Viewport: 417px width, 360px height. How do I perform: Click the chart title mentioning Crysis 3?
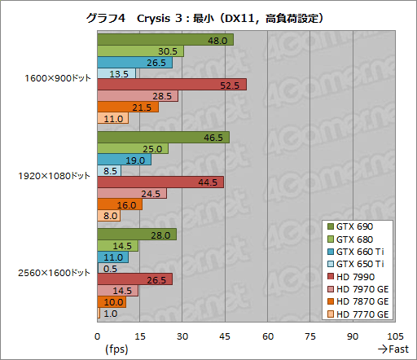click(208, 17)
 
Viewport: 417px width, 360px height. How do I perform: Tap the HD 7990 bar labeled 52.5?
click(171, 85)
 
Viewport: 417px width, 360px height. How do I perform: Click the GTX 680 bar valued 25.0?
click(132, 148)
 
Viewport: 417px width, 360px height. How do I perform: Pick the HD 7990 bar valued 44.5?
click(160, 182)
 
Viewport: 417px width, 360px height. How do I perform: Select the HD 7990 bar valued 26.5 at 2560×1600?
click(134, 279)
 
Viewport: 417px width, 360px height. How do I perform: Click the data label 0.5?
click(111, 268)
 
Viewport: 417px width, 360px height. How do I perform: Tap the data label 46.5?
click(215, 137)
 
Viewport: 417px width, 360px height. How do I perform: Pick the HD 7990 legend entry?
click(358, 277)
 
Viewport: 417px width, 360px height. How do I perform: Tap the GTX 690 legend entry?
click(358, 227)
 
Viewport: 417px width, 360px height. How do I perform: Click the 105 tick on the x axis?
click(395, 336)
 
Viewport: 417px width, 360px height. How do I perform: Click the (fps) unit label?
click(116, 349)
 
